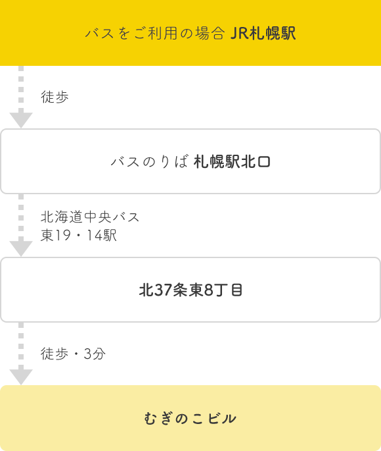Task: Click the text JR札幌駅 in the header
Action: coord(263,33)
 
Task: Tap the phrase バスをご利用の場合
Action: coord(155,34)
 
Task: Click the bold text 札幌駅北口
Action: coord(232,162)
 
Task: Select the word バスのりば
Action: coord(150,162)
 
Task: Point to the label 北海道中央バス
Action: coord(90,217)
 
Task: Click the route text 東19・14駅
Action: coord(79,235)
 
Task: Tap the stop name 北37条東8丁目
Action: coord(190,290)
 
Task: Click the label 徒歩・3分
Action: coord(73,354)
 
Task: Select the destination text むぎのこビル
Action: coord(190,418)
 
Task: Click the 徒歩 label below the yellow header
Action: coord(55,97)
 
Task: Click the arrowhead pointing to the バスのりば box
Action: coord(21,120)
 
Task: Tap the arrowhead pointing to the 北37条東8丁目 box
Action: coord(21,248)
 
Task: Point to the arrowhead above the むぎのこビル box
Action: coord(21,377)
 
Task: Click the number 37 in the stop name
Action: coord(164,290)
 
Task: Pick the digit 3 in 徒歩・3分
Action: coord(87,354)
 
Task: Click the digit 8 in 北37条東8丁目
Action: coord(208,290)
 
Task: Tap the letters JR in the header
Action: coord(239,34)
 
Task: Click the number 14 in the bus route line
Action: coord(95,235)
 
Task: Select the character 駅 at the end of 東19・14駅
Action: coord(110,235)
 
